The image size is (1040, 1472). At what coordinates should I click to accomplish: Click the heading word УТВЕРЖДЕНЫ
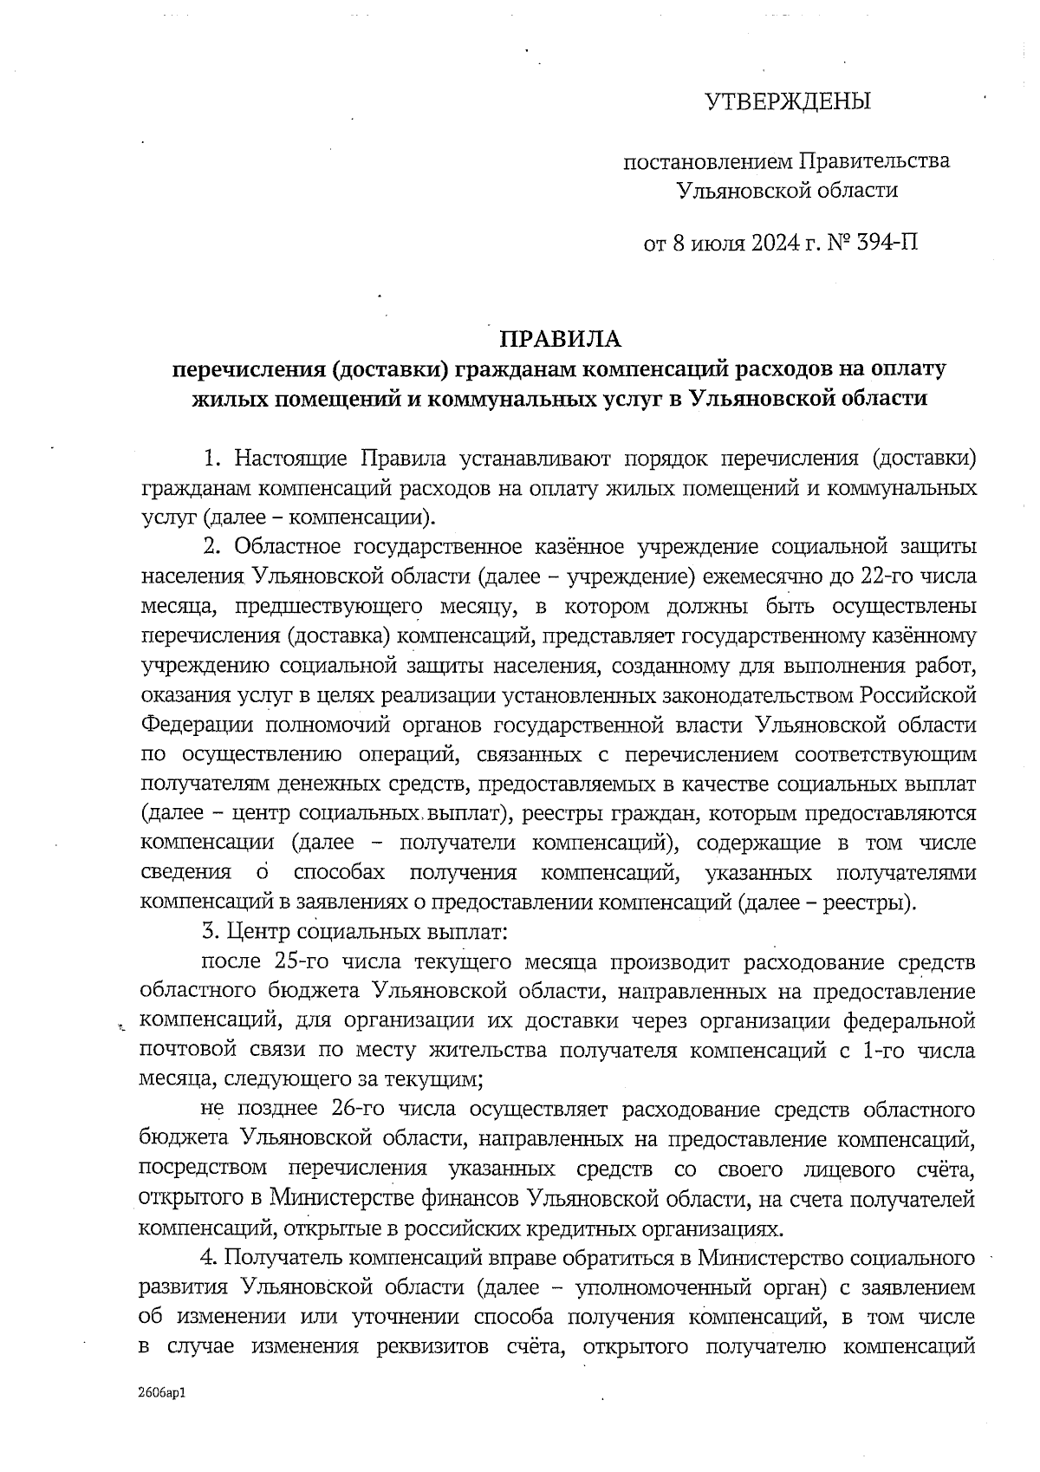click(x=785, y=102)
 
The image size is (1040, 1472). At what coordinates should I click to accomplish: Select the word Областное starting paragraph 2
click(x=292, y=547)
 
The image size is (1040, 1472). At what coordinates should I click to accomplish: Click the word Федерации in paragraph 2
click(x=188, y=725)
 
